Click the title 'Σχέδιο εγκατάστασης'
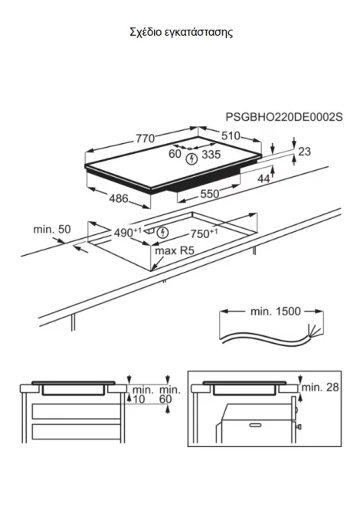(x=182, y=33)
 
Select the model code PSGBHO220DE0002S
(x=284, y=117)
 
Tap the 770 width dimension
(x=146, y=139)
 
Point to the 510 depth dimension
(x=231, y=136)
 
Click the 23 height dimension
(x=304, y=152)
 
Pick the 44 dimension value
(x=263, y=178)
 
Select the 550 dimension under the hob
(x=209, y=194)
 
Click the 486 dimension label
(x=119, y=198)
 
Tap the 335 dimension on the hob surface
(x=211, y=155)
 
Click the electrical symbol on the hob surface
(x=191, y=159)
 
